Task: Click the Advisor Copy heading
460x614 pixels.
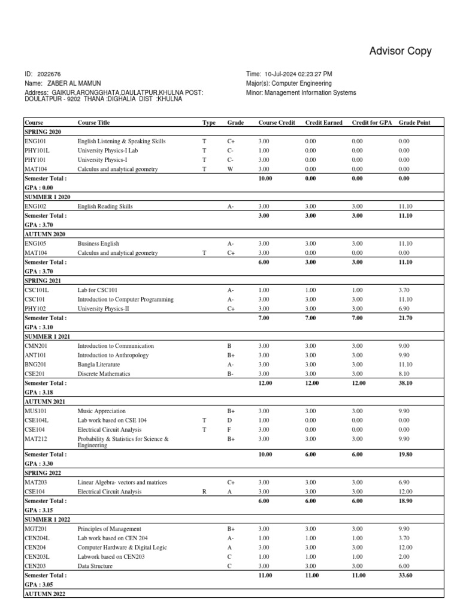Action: point(400,52)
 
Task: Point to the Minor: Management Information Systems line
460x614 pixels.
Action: point(301,93)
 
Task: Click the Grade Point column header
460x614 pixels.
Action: point(414,122)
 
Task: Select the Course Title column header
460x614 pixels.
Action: point(93,122)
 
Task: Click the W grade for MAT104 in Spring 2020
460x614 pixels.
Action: point(231,169)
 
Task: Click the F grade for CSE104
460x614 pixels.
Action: point(230,430)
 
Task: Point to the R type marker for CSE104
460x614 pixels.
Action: point(204,492)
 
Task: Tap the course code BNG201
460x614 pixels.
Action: point(35,364)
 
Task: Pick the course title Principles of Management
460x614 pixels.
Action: point(110,529)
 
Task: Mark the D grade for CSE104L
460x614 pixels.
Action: point(230,420)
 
